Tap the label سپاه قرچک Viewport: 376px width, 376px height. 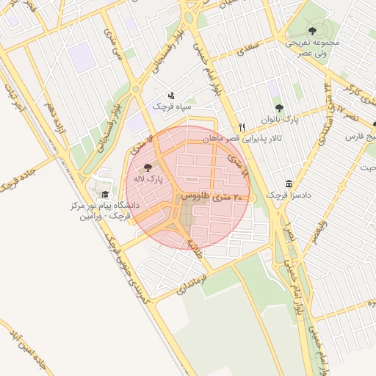click(171, 106)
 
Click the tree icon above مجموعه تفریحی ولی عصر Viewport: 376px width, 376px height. click(312, 32)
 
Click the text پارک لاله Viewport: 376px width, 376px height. click(149, 178)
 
